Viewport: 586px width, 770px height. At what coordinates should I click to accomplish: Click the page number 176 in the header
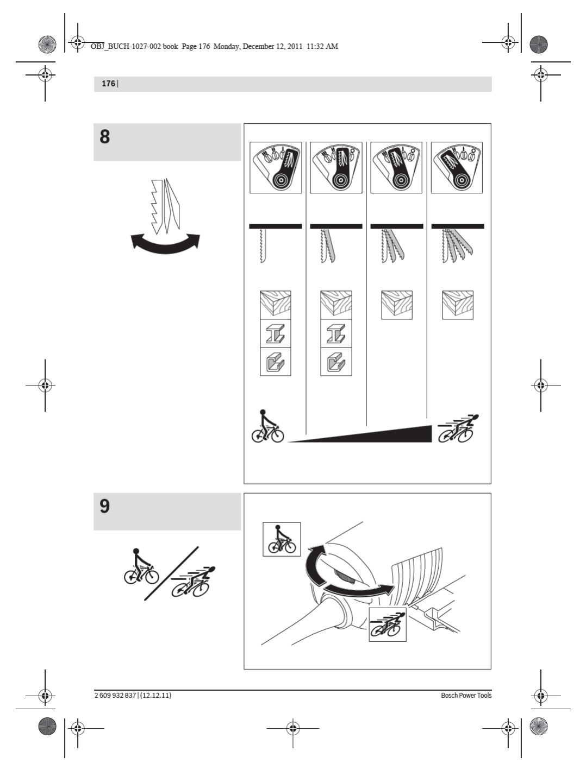tap(108, 84)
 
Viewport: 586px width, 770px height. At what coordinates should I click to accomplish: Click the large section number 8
tap(105, 136)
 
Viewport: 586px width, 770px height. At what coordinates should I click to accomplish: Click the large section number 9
tap(105, 506)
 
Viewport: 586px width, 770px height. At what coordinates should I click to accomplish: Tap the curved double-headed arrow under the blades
tap(165, 243)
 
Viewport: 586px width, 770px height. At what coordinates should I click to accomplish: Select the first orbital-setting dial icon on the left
tap(276, 167)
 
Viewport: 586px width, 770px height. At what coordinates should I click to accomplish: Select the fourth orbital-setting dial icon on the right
tap(457, 167)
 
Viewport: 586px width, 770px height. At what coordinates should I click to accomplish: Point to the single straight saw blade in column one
tap(263, 246)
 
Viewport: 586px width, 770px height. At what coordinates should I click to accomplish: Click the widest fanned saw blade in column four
tap(457, 245)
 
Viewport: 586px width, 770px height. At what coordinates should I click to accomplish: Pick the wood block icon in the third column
tap(397, 305)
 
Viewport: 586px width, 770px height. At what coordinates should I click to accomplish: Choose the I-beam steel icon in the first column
tap(276, 333)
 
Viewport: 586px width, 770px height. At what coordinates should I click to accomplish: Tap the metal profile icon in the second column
tap(336, 362)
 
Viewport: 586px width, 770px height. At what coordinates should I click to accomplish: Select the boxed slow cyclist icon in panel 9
tap(282, 539)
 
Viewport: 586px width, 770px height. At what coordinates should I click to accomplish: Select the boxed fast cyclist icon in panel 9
tap(387, 624)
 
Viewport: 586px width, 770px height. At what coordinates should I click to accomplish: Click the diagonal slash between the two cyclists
tap(171, 573)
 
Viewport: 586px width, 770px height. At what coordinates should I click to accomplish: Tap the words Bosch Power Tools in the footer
tap(466, 695)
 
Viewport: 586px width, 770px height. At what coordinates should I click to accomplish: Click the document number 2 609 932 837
tap(115, 695)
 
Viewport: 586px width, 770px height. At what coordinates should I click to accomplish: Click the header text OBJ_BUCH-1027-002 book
tap(134, 47)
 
